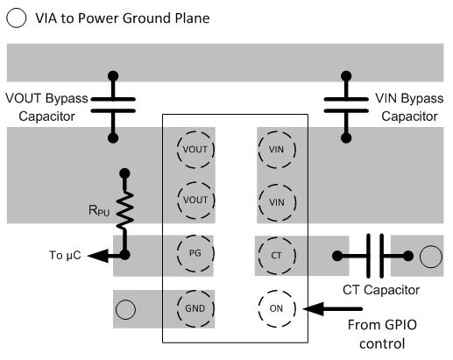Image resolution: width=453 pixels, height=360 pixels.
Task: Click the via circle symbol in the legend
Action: (x=17, y=18)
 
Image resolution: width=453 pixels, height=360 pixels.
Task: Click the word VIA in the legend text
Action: (x=47, y=18)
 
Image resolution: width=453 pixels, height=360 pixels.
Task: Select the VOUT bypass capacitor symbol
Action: (x=113, y=105)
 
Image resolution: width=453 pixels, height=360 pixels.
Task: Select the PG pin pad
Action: (x=195, y=254)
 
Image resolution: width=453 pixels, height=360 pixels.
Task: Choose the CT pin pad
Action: (x=276, y=255)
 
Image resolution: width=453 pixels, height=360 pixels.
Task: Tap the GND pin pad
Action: (x=195, y=307)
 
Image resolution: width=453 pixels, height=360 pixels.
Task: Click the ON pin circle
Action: (x=276, y=307)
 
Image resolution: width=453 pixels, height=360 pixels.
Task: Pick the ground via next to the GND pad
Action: (x=126, y=308)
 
